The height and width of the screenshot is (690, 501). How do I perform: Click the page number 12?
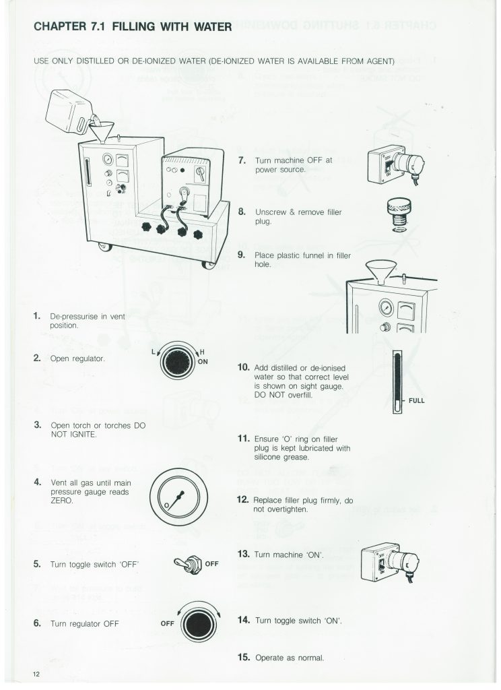[x=35, y=674]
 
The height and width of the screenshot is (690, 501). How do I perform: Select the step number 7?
[x=242, y=161]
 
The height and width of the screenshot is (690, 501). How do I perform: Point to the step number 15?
[x=244, y=656]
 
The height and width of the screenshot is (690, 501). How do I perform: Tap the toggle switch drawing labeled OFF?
[x=187, y=563]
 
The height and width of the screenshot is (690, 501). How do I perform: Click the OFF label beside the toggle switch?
[x=212, y=563]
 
